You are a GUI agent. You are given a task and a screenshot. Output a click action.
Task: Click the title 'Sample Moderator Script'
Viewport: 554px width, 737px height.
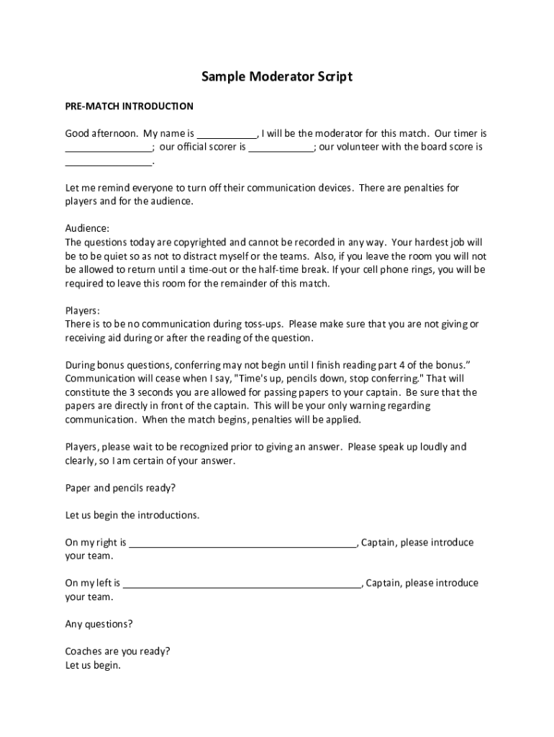tap(277, 76)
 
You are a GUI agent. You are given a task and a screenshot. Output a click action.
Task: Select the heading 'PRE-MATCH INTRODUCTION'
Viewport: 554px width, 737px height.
tap(129, 107)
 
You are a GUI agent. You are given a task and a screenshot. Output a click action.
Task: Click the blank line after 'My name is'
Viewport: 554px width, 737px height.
tap(227, 135)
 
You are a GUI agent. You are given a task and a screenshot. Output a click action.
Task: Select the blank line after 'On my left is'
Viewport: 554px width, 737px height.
tap(242, 584)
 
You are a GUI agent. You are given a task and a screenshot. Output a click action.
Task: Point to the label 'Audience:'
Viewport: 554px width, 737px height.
tap(87, 228)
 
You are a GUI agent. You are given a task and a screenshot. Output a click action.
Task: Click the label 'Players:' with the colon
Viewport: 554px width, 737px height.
tap(83, 311)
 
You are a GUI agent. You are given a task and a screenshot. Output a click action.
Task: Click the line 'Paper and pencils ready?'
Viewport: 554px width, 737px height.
tap(120, 488)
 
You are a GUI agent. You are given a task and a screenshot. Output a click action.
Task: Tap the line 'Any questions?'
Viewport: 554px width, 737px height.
tap(99, 624)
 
